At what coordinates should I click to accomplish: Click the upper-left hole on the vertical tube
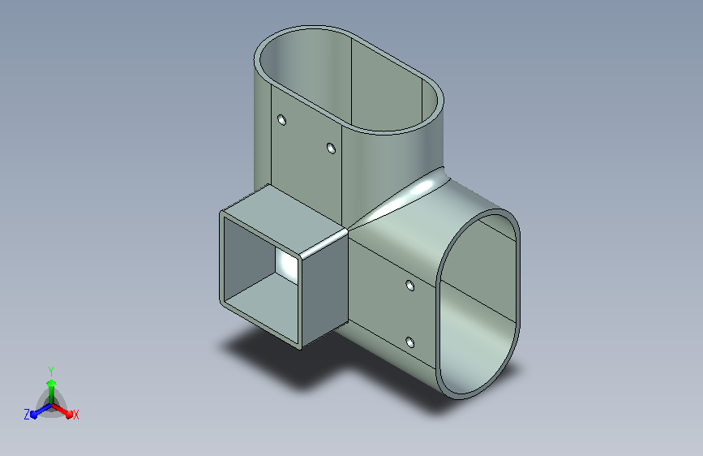pyautogui.click(x=281, y=120)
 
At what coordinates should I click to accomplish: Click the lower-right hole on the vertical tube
pyautogui.click(x=331, y=148)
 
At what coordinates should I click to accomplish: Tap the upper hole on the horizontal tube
pyautogui.click(x=409, y=286)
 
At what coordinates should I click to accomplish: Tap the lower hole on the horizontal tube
pyautogui.click(x=409, y=343)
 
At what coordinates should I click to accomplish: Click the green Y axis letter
pyautogui.click(x=51, y=372)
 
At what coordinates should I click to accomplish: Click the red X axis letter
pyautogui.click(x=75, y=415)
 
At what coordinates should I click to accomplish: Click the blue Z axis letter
pyautogui.click(x=27, y=415)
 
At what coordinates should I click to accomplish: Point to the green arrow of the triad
pyautogui.click(x=51, y=393)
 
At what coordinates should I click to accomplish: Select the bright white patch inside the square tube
pyautogui.click(x=286, y=265)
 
